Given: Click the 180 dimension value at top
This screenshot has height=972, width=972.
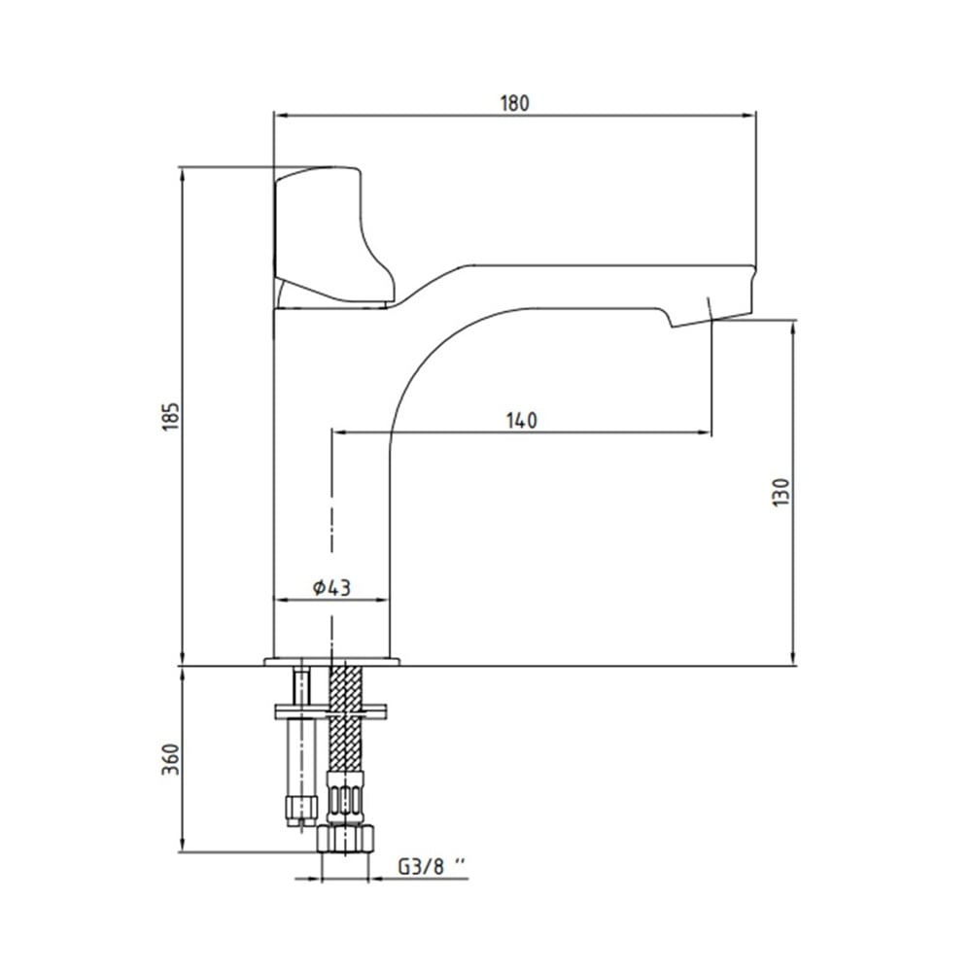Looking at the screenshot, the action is [514, 103].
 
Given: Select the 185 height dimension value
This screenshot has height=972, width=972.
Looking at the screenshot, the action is [170, 417].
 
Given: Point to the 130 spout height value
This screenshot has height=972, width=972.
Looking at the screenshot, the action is [781, 493].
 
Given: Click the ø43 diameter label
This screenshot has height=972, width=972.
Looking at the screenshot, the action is [331, 587].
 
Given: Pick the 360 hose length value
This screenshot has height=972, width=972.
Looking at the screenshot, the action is [170, 758].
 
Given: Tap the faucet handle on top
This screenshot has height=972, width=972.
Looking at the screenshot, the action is [331, 235].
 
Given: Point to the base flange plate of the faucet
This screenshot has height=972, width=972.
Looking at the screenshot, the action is [331, 662].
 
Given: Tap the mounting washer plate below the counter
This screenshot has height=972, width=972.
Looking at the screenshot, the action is [330, 712].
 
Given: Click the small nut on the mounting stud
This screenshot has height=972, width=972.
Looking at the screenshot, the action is [301, 809].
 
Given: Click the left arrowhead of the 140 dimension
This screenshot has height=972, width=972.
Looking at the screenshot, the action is [339, 433].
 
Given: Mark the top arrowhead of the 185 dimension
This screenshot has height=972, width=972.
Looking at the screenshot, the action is [183, 175].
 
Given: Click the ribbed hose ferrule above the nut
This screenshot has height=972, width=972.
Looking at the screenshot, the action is [345, 798].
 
